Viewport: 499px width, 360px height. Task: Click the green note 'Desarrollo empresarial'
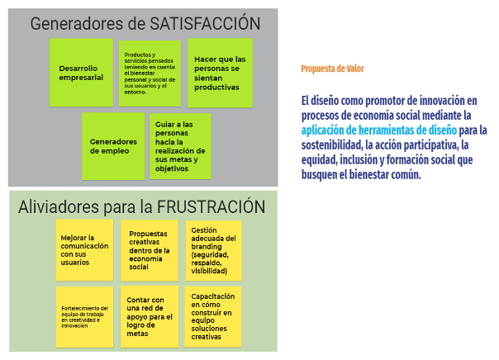(x=81, y=73)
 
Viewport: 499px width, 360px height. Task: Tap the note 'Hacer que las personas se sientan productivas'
(x=219, y=73)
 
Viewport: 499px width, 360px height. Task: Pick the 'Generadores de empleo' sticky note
(x=113, y=145)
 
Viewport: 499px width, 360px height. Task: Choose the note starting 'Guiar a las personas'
(x=180, y=146)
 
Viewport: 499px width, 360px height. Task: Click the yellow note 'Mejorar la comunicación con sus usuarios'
(x=84, y=249)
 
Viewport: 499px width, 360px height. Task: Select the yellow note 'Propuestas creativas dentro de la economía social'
(x=150, y=249)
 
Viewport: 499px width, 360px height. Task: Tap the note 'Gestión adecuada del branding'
(x=214, y=249)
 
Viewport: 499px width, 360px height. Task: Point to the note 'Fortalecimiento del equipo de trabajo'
(x=84, y=316)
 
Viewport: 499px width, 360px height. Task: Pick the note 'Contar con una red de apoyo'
(x=150, y=316)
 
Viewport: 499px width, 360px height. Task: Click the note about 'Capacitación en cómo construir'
(x=214, y=316)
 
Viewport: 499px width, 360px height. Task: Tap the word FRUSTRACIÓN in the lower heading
(x=211, y=206)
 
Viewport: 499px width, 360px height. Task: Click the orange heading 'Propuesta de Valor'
(x=332, y=69)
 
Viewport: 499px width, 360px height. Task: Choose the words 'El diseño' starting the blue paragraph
(x=319, y=101)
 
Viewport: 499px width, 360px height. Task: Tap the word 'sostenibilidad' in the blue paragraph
(x=334, y=145)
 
